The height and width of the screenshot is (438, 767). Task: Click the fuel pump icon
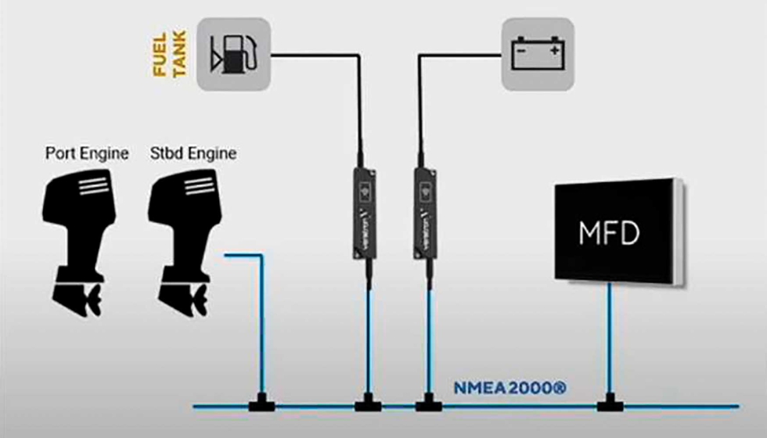[x=232, y=55]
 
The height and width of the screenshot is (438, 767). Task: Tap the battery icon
[x=537, y=55]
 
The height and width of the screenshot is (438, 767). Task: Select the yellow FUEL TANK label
[x=168, y=56]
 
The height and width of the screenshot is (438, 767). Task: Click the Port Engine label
[x=87, y=153]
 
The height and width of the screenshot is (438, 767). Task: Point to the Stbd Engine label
[x=193, y=153]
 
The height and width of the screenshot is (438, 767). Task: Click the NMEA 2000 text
[x=510, y=386]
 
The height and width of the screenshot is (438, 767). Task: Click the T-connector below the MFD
[x=610, y=405]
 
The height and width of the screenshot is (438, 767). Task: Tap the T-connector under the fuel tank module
[x=365, y=405]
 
